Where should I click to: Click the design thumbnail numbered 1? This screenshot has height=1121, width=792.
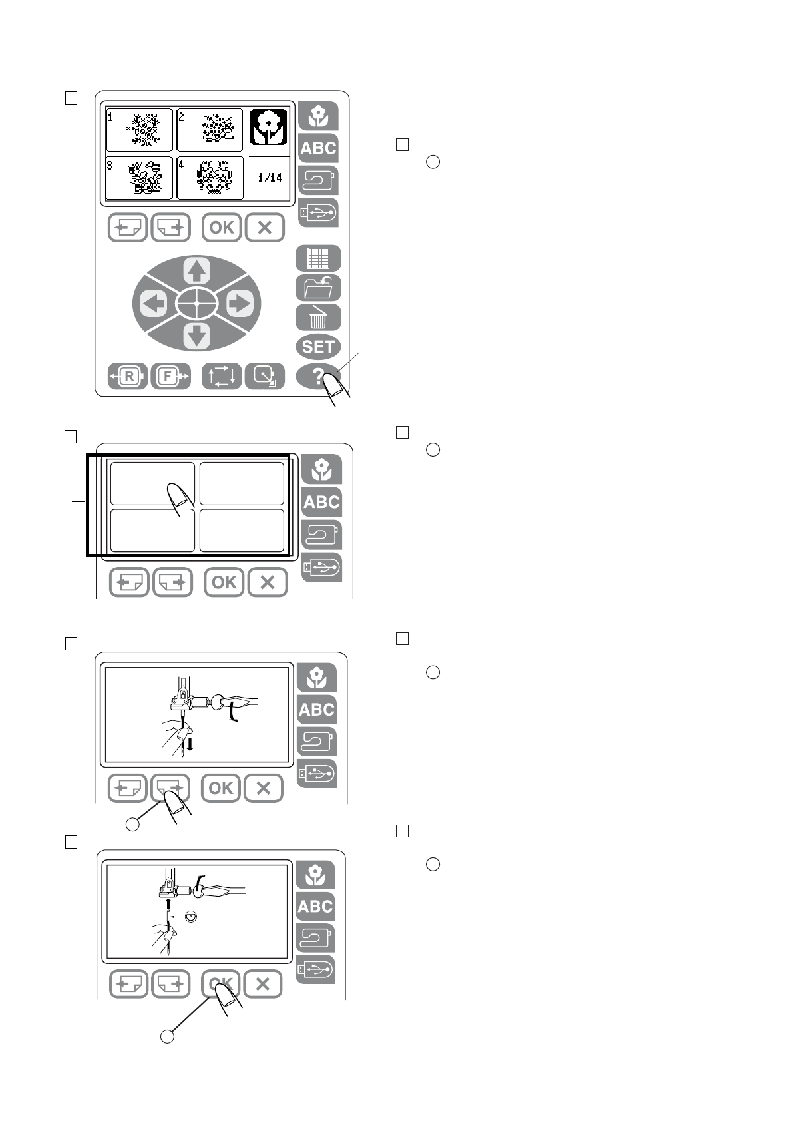(x=140, y=130)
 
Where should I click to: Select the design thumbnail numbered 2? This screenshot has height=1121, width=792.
(x=210, y=130)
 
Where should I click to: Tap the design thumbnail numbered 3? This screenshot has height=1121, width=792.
(x=140, y=178)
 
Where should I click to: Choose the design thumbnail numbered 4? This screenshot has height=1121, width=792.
(x=210, y=178)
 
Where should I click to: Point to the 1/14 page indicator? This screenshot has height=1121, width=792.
(x=270, y=178)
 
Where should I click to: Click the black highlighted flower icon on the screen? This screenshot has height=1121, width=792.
(x=269, y=127)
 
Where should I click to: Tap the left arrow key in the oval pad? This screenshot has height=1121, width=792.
(x=154, y=304)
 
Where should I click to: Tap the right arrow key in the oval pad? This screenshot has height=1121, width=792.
(x=240, y=304)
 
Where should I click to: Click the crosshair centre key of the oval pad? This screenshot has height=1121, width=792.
(x=197, y=304)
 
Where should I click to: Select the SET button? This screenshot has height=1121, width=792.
(x=318, y=347)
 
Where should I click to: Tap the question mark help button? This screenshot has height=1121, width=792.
(x=318, y=377)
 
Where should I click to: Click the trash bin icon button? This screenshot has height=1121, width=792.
(x=318, y=318)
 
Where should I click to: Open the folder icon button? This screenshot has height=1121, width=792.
(x=318, y=288)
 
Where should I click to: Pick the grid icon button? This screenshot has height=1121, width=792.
(x=318, y=258)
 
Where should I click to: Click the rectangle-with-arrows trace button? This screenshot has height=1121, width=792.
(x=222, y=377)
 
